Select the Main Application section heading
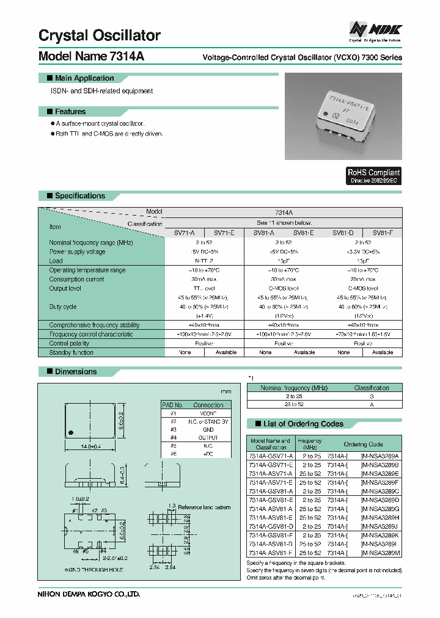(x=84, y=78)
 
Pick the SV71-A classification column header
(x=185, y=233)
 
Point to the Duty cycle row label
(x=63, y=307)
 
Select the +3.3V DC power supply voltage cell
(x=364, y=252)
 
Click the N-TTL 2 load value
(x=205, y=261)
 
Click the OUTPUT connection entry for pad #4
(x=208, y=437)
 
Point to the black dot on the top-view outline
(x=71, y=429)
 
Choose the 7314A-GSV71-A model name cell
(x=271, y=456)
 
